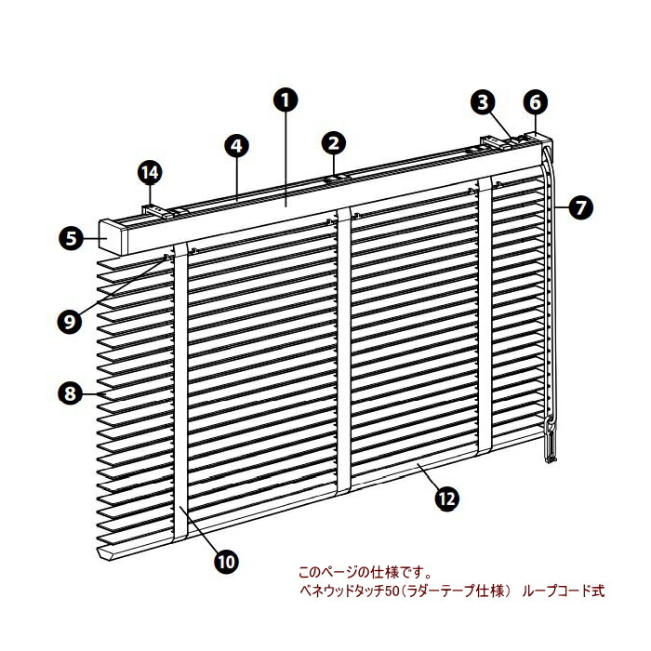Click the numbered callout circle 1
(286, 99)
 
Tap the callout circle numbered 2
(335, 142)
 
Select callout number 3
(482, 101)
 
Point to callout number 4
(237, 145)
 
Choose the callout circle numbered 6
(537, 100)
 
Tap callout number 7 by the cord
(579, 207)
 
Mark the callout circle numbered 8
(69, 393)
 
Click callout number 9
(69, 321)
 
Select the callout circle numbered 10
(226, 561)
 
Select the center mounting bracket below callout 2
(337, 176)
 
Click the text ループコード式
(563, 591)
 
